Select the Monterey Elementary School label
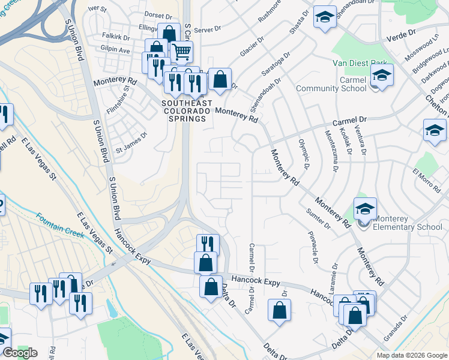[x=408, y=223]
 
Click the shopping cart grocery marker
[x=181, y=52]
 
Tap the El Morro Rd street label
[x=427, y=179]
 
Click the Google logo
[x=20, y=353]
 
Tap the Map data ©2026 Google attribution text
[x=412, y=355]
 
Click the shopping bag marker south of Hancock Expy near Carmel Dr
[x=279, y=311]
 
